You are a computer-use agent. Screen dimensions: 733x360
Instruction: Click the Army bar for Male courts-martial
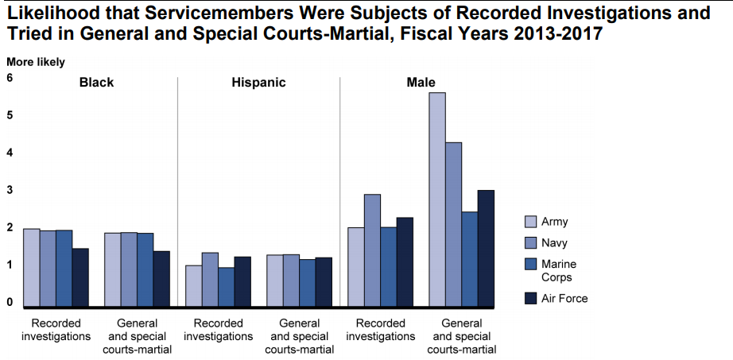[437, 199]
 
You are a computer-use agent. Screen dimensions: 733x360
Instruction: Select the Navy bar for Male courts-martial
[453, 224]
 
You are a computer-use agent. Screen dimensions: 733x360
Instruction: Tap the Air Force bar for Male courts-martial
[487, 248]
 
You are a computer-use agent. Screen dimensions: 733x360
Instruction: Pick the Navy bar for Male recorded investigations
[372, 250]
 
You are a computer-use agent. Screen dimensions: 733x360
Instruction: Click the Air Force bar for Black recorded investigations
[80, 277]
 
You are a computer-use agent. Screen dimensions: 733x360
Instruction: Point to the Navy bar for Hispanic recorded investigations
[210, 280]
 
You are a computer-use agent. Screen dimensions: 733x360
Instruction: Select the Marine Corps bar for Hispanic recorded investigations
[227, 287]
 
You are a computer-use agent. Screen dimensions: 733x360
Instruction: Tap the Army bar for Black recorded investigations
[31, 268]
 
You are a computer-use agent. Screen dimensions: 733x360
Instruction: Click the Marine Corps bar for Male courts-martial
[470, 259]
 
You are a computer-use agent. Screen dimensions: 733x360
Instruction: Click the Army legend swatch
[530, 222]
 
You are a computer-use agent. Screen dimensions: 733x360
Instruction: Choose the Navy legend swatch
[530, 243]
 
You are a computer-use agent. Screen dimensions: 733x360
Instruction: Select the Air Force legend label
[564, 298]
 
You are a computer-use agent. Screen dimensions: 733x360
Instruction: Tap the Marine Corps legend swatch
[530, 265]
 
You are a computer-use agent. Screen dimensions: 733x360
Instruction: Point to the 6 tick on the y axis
[10, 79]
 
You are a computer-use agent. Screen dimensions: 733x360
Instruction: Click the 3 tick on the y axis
[10, 191]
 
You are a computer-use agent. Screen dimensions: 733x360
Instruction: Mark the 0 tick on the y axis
[10, 303]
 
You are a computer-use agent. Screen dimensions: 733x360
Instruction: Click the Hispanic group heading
[258, 83]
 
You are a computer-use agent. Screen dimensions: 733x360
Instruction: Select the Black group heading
[97, 83]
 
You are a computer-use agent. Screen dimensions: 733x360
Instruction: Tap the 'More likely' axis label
[36, 62]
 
